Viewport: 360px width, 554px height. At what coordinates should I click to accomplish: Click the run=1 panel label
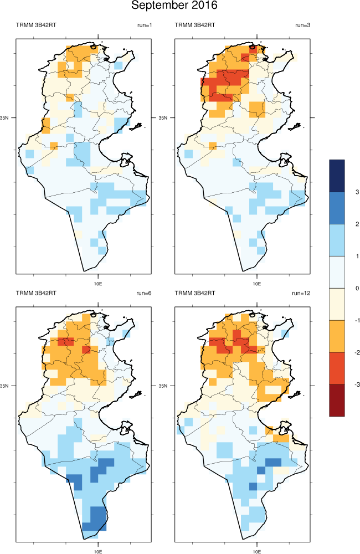pyautogui.click(x=144, y=25)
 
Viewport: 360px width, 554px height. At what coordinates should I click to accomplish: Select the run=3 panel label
pyautogui.click(x=303, y=25)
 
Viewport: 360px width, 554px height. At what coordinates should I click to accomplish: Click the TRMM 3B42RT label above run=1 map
pyautogui.click(x=36, y=25)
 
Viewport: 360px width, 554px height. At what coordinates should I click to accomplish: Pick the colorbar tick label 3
pyautogui.click(x=358, y=192)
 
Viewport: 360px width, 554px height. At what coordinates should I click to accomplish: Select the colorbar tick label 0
pyautogui.click(x=358, y=288)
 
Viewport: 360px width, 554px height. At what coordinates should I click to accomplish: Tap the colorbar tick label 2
pyautogui.click(x=358, y=224)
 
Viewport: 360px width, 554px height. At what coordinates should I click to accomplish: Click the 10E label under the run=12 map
pyautogui.click(x=257, y=551)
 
